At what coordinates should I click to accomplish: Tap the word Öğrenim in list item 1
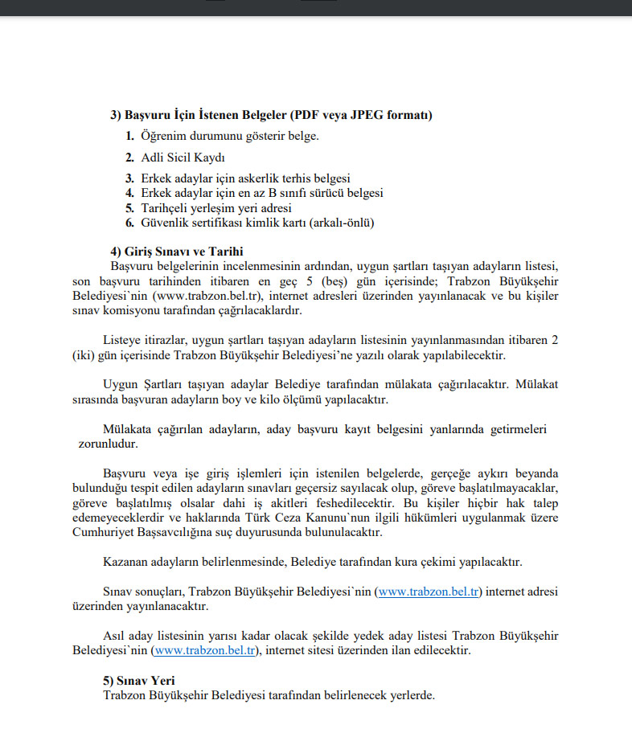pyautogui.click(x=163, y=135)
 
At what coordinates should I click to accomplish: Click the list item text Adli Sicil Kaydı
pyautogui.click(x=183, y=158)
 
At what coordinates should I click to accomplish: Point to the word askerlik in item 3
pyautogui.click(x=275, y=178)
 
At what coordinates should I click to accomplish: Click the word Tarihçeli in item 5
pyautogui.click(x=166, y=208)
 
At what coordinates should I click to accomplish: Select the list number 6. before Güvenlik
pyautogui.click(x=129, y=223)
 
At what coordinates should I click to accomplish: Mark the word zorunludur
pyautogui.click(x=107, y=443)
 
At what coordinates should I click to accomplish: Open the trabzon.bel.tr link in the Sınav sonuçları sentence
pyautogui.click(x=429, y=592)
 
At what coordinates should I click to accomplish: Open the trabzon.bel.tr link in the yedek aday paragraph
pyautogui.click(x=206, y=649)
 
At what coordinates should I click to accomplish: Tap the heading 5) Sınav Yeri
pyautogui.click(x=139, y=680)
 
